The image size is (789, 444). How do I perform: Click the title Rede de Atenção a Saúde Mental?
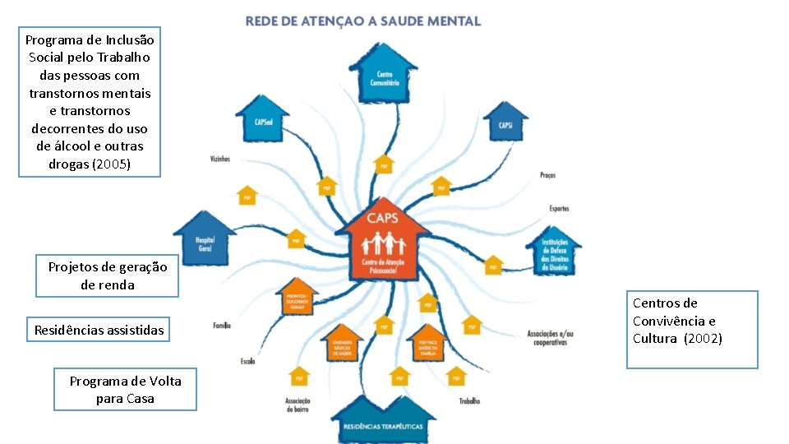click(x=362, y=21)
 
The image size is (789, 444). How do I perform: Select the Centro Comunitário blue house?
click(x=383, y=74)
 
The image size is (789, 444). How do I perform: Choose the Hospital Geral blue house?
click(x=205, y=239)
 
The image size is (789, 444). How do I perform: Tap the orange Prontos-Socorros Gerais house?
click(x=299, y=299)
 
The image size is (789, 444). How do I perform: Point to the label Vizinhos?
click(x=219, y=159)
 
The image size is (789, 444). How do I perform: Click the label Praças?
click(x=547, y=175)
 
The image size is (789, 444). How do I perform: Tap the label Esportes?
click(x=559, y=209)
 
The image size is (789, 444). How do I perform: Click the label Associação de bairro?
click(x=297, y=405)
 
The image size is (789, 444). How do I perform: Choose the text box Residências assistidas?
click(x=99, y=331)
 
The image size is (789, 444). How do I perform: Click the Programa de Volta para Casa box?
click(x=125, y=390)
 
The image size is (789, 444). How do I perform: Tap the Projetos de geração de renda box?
click(x=107, y=275)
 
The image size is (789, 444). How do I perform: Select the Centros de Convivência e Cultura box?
click(x=691, y=328)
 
